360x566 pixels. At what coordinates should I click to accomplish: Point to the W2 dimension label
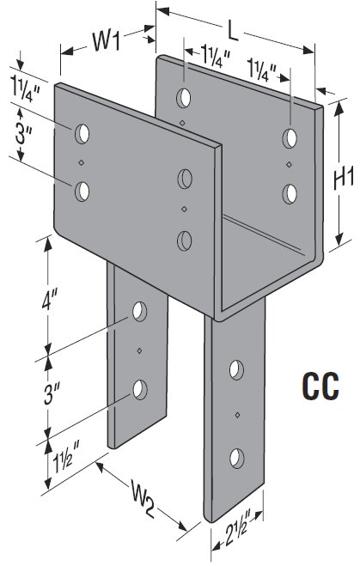pos(143,496)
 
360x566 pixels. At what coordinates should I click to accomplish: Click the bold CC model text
pos(319,382)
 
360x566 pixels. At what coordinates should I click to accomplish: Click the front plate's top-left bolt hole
pos(82,134)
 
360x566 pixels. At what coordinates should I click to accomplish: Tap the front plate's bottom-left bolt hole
pos(82,191)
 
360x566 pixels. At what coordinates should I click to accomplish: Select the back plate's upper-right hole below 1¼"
pos(291,137)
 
